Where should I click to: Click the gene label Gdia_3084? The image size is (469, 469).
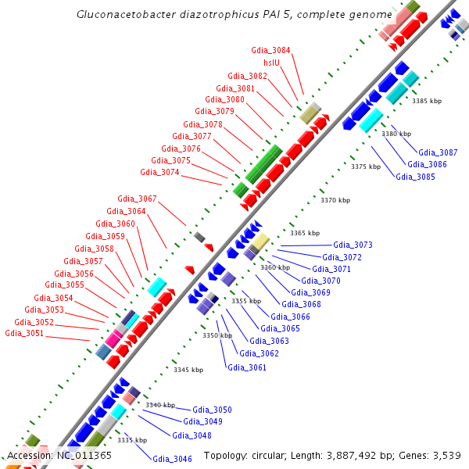click(x=270, y=50)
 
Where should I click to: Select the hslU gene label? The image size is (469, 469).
click(x=272, y=63)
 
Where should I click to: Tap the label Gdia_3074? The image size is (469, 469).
click(x=159, y=172)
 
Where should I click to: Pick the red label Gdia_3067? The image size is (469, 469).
click(x=137, y=199)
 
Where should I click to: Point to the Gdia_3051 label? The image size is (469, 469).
click(x=25, y=333)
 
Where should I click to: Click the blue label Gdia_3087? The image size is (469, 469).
click(x=439, y=152)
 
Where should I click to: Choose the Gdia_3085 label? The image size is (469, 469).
click(x=415, y=177)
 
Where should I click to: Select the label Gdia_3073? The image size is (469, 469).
click(x=353, y=245)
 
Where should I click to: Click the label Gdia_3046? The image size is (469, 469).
click(x=172, y=459)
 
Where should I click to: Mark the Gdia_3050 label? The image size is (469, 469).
click(x=213, y=410)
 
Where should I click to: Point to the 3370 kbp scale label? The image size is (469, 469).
click(x=335, y=201)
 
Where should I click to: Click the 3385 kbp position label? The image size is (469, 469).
click(x=427, y=101)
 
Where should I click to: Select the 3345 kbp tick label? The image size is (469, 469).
click(x=188, y=370)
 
